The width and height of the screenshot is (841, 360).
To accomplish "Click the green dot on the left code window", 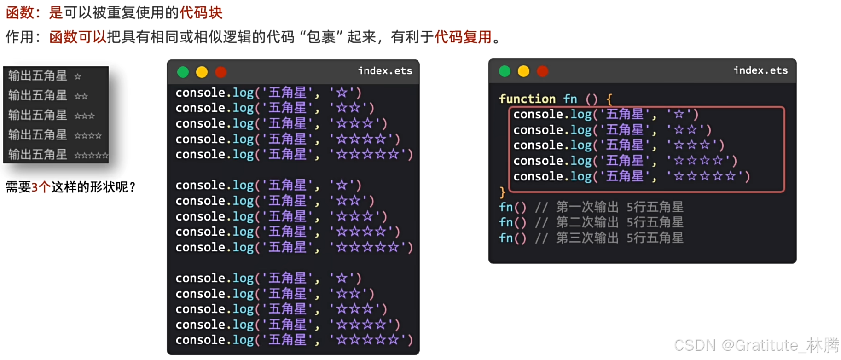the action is click(183, 72).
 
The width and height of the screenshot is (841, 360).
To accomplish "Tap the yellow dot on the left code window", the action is click(202, 72).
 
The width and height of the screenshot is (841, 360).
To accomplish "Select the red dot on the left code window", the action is click(221, 72).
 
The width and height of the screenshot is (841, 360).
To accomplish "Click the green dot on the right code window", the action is click(505, 71).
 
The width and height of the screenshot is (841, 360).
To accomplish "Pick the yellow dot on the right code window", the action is click(524, 71).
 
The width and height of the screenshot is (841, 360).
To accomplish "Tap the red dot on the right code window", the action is click(543, 71).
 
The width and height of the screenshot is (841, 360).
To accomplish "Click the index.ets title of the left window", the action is click(385, 70).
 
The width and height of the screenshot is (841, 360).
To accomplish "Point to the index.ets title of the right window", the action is click(761, 70).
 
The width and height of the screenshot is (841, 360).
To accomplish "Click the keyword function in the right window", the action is click(528, 99).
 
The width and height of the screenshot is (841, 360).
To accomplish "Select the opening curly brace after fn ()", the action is click(609, 99).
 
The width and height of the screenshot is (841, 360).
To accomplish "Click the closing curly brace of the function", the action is click(503, 192).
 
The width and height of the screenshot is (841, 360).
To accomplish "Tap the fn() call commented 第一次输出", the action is click(513, 207).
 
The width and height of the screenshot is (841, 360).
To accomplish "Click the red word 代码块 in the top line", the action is click(201, 12).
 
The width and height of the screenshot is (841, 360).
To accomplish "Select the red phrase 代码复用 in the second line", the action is click(463, 36).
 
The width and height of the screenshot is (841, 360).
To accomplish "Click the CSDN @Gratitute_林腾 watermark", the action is click(757, 345).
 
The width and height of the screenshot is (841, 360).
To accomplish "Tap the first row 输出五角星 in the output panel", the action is click(38, 75).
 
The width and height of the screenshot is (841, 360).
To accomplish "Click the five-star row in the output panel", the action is click(58, 155).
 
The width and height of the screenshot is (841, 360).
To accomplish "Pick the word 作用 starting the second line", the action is click(19, 36).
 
